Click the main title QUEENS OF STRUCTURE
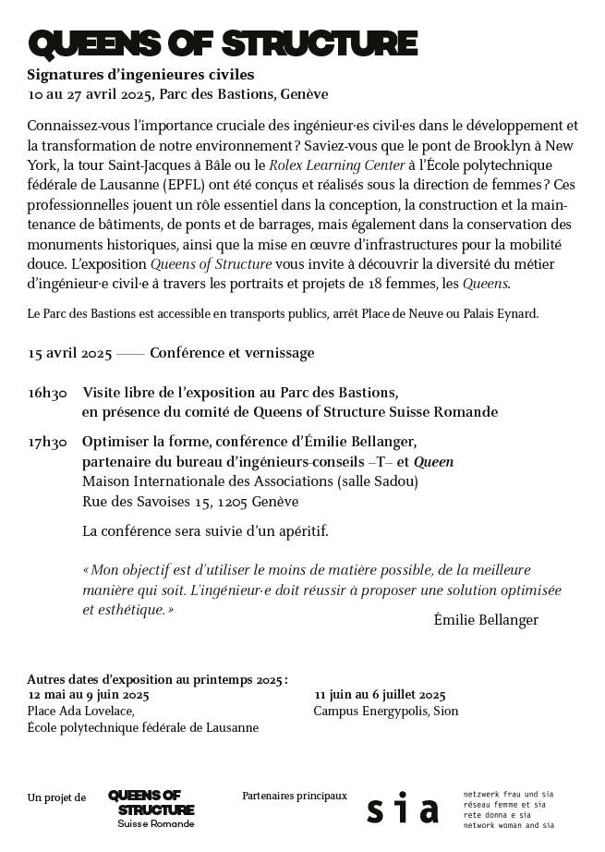[x=223, y=43]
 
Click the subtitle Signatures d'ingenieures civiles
[x=140, y=74]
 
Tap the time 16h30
[x=47, y=393]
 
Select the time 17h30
[x=47, y=443]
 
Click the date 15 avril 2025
[x=69, y=353]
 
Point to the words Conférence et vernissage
[x=232, y=353]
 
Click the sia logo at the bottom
[x=402, y=809]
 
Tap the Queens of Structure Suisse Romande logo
[x=151, y=809]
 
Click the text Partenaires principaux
[x=295, y=795]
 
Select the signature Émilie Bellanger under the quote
[x=485, y=620]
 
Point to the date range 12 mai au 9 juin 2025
[x=89, y=694]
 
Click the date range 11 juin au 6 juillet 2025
[x=380, y=695]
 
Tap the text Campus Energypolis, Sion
[x=385, y=712]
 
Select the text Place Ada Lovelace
[x=81, y=711]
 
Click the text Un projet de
[x=57, y=797]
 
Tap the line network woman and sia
[x=508, y=824]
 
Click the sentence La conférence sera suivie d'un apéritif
[x=205, y=531]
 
